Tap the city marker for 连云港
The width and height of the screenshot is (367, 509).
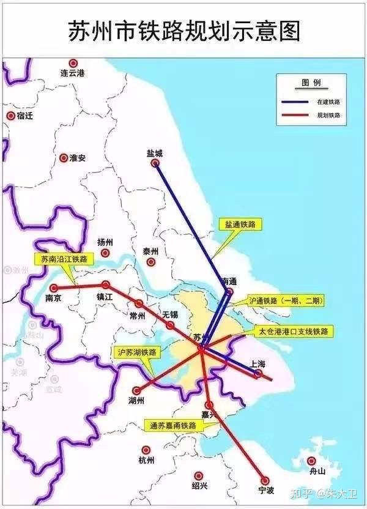[73, 63]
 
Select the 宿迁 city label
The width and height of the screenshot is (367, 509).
[24, 116]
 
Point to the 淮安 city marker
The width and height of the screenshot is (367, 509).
[64, 157]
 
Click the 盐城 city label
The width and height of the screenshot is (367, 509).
[155, 154]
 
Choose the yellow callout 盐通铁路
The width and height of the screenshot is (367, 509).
[239, 225]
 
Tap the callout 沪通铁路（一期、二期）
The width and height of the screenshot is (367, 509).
[286, 301]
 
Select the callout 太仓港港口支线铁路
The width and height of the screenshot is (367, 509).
[294, 331]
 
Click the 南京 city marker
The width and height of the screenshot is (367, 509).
[54, 288]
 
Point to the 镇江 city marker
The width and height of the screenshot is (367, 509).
[106, 284]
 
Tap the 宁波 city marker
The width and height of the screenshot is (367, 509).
[265, 481]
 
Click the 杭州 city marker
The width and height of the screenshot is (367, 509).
[146, 450]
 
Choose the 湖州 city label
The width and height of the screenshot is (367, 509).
[136, 401]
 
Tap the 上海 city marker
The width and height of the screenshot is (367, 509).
[259, 373]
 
